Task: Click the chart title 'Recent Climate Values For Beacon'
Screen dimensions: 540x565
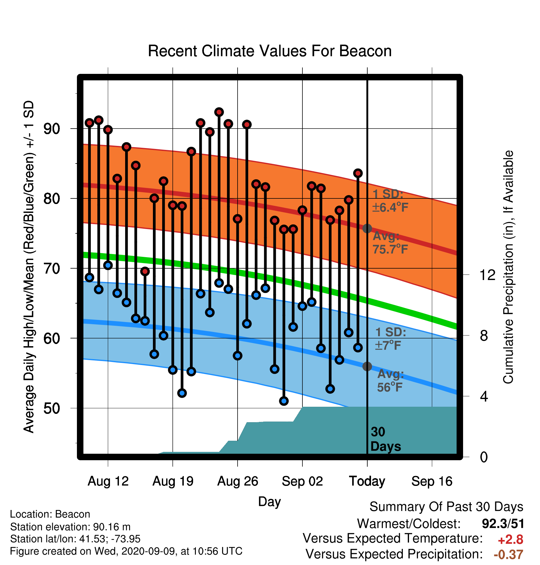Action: pos(270,51)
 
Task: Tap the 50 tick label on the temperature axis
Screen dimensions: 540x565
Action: pos(52,408)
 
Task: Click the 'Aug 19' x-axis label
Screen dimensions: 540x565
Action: pos(173,481)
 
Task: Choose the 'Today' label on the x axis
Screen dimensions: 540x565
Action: pos(367,481)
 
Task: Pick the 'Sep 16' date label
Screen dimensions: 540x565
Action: pos(432,481)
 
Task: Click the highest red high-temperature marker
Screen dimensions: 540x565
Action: pos(219,112)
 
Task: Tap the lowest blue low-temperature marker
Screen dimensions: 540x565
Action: pos(284,401)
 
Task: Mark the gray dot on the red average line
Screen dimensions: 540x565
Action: pos(367,229)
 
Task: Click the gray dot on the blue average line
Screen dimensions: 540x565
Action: pos(367,367)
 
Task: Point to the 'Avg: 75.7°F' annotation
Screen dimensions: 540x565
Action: pos(390,243)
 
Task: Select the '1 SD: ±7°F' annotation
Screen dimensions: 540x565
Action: pos(390,338)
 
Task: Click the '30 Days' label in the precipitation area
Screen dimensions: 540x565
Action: pos(386,439)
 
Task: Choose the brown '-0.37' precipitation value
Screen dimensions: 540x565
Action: pos(508,554)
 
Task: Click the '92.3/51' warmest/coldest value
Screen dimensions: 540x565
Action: pos(503,524)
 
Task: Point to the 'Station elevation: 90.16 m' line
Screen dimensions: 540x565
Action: pos(70,527)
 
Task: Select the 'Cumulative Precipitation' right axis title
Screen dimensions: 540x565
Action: pos(508,267)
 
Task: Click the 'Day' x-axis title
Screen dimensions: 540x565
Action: pos(270,502)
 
